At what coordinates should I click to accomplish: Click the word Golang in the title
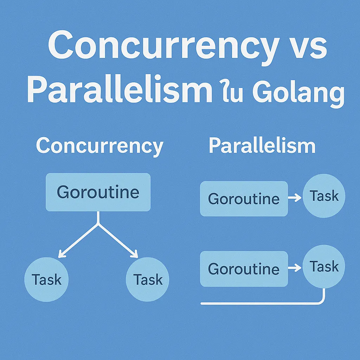coord(298,92)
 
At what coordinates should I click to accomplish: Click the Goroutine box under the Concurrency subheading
coord(98,192)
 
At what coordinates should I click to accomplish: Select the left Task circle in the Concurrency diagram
coord(46,279)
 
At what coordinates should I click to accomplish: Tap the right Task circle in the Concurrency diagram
coord(148,279)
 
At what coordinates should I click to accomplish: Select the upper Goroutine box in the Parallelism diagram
coord(244,199)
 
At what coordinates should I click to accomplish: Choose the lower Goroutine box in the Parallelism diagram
coord(244,269)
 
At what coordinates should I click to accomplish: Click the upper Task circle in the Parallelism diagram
coord(324,196)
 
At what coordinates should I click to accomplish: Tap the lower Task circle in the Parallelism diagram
coord(324,266)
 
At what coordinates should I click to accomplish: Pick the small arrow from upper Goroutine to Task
coord(295,198)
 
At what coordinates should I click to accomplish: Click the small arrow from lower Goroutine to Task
coord(295,268)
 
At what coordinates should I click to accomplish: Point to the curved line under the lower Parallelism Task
coord(262,303)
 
